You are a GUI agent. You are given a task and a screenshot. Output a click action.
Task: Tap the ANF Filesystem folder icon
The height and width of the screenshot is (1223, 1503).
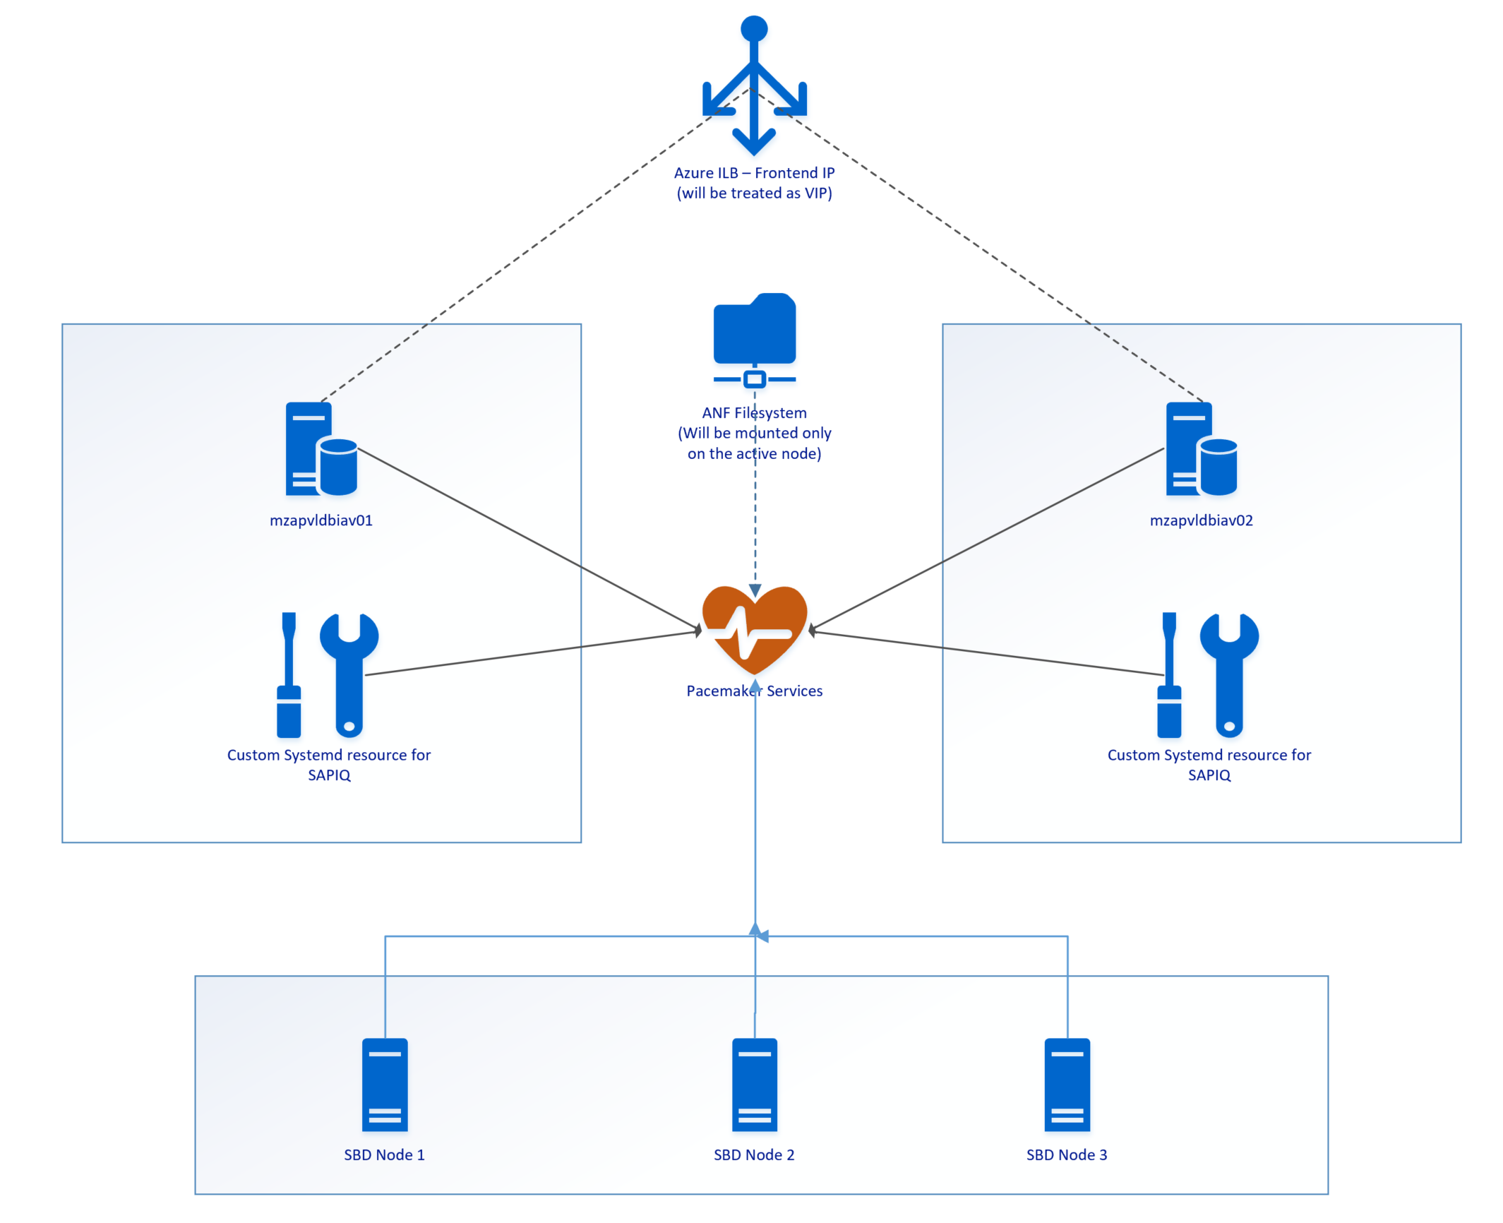(753, 330)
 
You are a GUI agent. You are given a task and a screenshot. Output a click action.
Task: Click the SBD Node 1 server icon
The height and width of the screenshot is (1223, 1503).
(384, 1084)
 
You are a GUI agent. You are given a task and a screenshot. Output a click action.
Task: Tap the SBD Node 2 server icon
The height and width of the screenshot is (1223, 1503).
(753, 1084)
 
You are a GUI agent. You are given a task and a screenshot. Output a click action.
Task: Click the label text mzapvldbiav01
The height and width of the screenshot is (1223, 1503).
(321, 520)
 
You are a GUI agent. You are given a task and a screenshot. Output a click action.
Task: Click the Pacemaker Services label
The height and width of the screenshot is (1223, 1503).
(753, 691)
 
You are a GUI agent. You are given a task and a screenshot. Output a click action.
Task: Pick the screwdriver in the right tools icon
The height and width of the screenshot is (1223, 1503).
(1168, 674)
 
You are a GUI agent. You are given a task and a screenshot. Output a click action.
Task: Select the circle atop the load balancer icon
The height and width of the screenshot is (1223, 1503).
(753, 28)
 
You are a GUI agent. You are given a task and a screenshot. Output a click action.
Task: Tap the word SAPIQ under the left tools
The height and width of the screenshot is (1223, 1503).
(328, 775)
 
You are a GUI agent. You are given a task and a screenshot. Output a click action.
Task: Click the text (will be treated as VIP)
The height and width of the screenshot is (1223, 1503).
(753, 193)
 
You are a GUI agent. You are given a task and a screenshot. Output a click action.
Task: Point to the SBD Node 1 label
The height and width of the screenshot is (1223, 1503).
(383, 1155)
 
